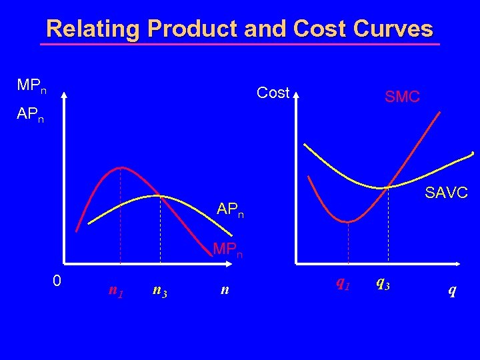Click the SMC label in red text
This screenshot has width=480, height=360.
click(402, 97)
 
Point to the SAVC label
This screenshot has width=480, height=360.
click(447, 193)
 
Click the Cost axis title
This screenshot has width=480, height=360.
click(273, 93)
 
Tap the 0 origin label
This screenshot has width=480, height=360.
click(57, 281)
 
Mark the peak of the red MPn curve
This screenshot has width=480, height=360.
click(120, 167)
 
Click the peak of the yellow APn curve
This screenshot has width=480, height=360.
click(160, 195)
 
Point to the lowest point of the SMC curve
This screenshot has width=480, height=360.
click(347, 221)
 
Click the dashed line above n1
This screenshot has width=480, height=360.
click(120, 220)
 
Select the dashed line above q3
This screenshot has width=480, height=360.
click(387, 227)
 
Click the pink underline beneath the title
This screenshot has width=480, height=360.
click(240, 45)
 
